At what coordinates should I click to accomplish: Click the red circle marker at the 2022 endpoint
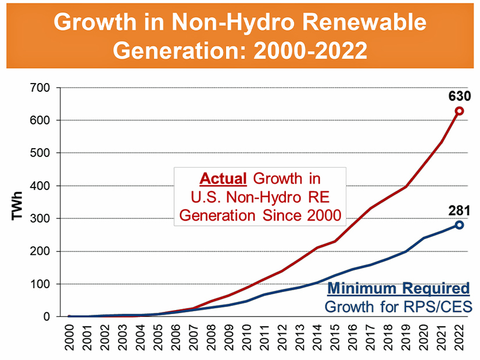pyautogui.click(x=459, y=111)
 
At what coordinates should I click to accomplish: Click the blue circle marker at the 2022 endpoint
pyautogui.click(x=459, y=225)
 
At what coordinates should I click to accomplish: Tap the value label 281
pyautogui.click(x=458, y=211)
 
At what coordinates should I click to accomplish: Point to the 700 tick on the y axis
pyautogui.click(x=46, y=88)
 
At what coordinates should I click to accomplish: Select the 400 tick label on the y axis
pyautogui.click(x=46, y=186)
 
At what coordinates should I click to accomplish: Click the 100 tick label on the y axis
pyautogui.click(x=46, y=284)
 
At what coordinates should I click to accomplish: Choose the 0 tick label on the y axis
pyautogui.click(x=51, y=317)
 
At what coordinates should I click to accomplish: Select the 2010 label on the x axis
pyautogui.click(x=247, y=337)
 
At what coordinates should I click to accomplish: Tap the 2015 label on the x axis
pyautogui.click(x=335, y=337)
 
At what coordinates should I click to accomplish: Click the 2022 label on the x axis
pyautogui.click(x=459, y=337)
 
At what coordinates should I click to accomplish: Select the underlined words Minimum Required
pyautogui.click(x=398, y=289)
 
